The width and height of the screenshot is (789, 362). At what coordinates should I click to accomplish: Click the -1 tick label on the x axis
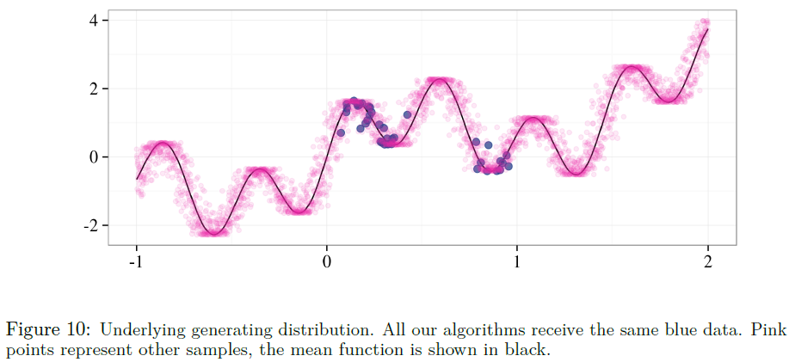[x=134, y=261]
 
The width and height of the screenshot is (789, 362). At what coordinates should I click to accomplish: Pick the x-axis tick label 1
[x=517, y=261]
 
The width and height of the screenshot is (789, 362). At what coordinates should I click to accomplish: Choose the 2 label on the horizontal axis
[x=707, y=261]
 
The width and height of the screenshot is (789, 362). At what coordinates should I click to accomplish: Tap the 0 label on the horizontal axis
[x=326, y=261]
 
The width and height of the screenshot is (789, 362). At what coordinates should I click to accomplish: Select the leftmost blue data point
[x=341, y=132]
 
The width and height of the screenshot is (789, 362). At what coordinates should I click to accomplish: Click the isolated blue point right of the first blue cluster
[x=407, y=114]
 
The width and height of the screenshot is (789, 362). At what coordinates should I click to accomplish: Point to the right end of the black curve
[x=707, y=30]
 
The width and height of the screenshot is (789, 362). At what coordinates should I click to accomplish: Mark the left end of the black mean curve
[x=137, y=179]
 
